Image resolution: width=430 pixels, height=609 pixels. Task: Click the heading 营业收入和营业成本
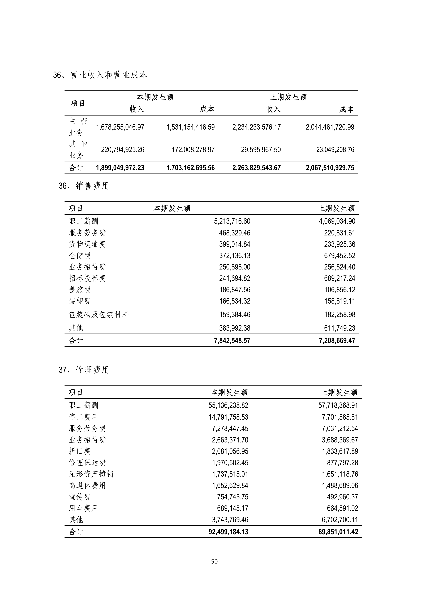coord(109,75)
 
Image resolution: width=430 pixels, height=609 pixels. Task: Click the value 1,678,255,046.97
coord(120,127)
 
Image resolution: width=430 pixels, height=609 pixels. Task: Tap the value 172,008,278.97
coord(193,150)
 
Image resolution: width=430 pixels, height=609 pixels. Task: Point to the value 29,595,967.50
coord(261,150)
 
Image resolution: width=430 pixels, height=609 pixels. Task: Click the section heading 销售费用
coord(92,186)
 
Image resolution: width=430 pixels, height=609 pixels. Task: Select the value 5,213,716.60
coord(232,221)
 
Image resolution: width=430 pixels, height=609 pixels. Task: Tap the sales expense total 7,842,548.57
coord(232,341)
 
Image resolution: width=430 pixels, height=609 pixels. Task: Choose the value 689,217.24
coord(339,278)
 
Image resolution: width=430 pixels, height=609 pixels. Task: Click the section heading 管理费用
coord(92,370)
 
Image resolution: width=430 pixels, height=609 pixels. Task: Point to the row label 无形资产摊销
coord(91,474)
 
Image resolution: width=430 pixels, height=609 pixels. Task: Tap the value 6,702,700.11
coord(340,520)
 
